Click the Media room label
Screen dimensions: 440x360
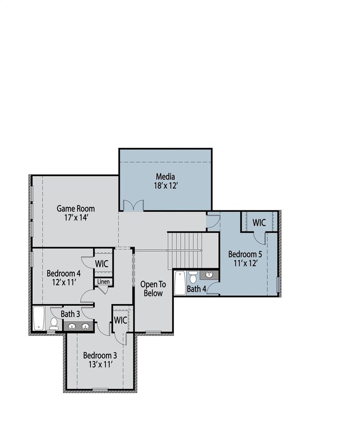[166, 177]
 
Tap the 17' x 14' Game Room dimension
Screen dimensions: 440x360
[76, 218]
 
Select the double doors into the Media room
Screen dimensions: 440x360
[133, 205]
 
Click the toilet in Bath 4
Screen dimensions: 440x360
[193, 276]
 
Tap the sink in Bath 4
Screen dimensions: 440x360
[210, 275]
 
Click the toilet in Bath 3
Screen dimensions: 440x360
[54, 323]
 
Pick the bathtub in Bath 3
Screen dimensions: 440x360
[39, 320]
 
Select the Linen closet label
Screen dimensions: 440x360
[104, 282]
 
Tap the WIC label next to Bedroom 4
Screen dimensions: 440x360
[101, 263]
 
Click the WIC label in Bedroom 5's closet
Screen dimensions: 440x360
[260, 222]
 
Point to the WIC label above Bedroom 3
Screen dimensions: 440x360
[120, 320]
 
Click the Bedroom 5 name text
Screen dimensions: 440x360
[244, 254]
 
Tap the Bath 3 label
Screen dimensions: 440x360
[70, 314]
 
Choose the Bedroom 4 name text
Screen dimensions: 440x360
[64, 273]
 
